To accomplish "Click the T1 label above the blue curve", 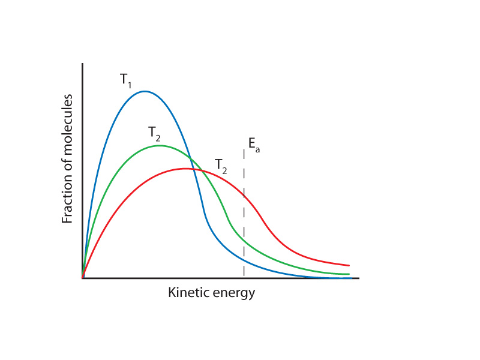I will [x=125, y=80].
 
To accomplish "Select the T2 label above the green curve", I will [x=155, y=133].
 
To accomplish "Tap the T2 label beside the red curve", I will [x=221, y=166].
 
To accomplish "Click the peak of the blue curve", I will [x=144, y=91].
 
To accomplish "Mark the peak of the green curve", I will [x=159, y=145].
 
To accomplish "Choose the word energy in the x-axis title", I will [x=233, y=293].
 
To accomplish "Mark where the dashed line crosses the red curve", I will [x=244, y=195].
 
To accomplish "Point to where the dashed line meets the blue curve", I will [x=244, y=262].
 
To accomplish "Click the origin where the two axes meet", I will [x=83, y=278].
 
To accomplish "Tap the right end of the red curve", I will [x=349, y=265].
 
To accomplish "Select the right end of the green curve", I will [x=349, y=274].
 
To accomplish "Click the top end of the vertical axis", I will [x=83, y=63].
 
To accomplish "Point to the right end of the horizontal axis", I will [x=358, y=278].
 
